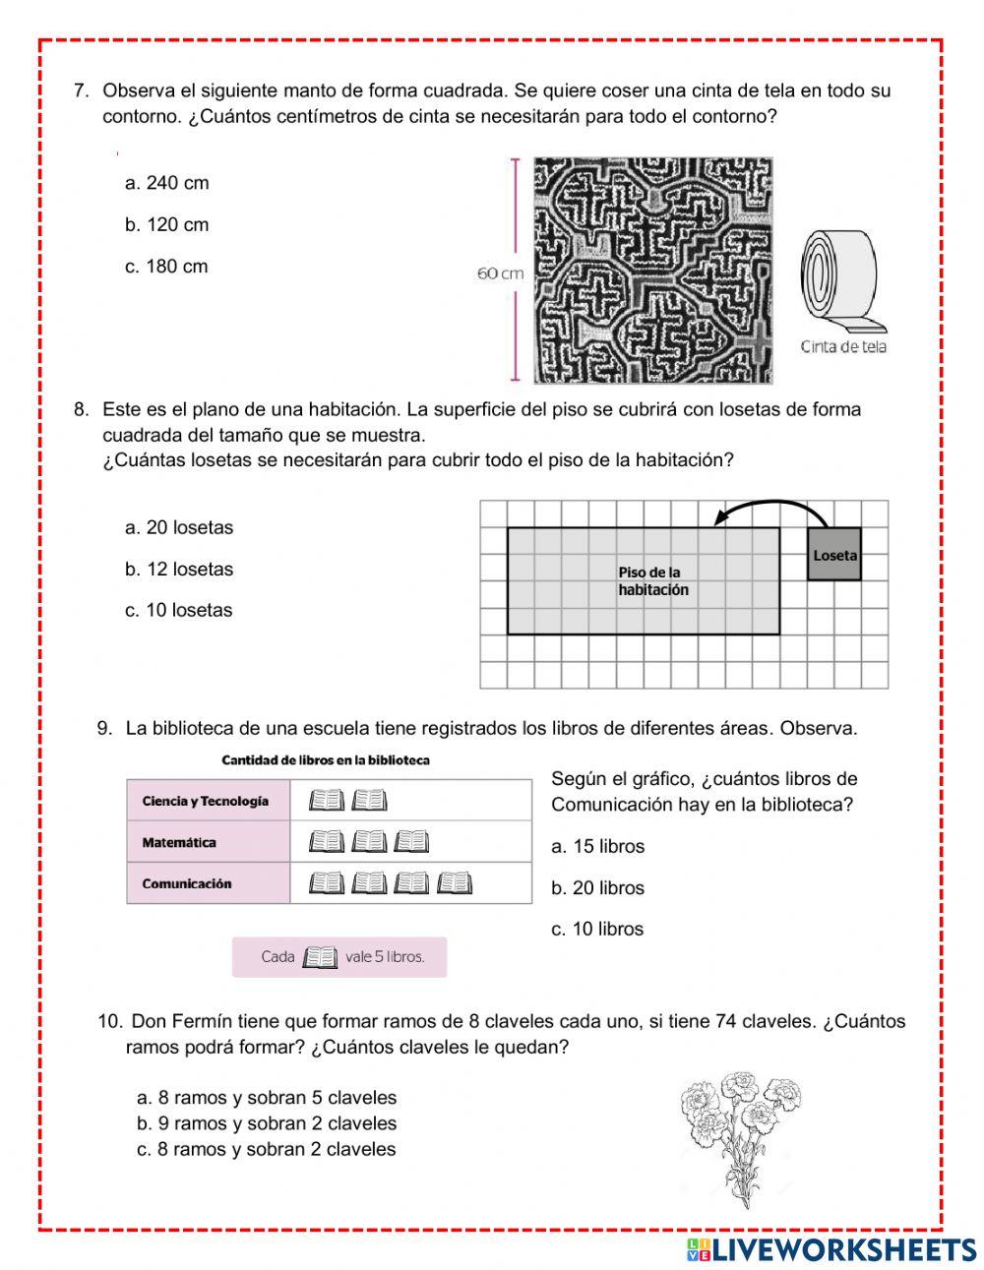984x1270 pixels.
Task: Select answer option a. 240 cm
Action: click(x=166, y=183)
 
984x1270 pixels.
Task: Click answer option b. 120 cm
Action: click(x=166, y=224)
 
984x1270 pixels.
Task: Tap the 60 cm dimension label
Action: click(x=500, y=273)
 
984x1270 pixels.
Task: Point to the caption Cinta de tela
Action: click(x=843, y=346)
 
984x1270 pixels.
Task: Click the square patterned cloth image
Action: click(x=652, y=271)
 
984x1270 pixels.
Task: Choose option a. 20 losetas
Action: click(x=179, y=527)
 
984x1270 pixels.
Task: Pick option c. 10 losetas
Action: click(x=178, y=610)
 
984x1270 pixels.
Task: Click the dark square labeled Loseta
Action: click(x=833, y=554)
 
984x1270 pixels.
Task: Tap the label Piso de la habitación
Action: click(x=653, y=581)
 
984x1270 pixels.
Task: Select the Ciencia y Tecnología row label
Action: click(x=206, y=801)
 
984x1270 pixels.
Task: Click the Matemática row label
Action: click(x=179, y=842)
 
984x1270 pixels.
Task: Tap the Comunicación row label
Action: click(x=187, y=883)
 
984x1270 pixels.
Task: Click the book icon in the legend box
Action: click(x=320, y=957)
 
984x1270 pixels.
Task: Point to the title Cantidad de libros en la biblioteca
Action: click(x=326, y=760)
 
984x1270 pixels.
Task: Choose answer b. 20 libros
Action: click(x=597, y=887)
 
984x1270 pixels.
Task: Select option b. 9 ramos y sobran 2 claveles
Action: click(x=267, y=1123)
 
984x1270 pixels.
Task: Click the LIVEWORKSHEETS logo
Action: click(x=831, y=1249)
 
